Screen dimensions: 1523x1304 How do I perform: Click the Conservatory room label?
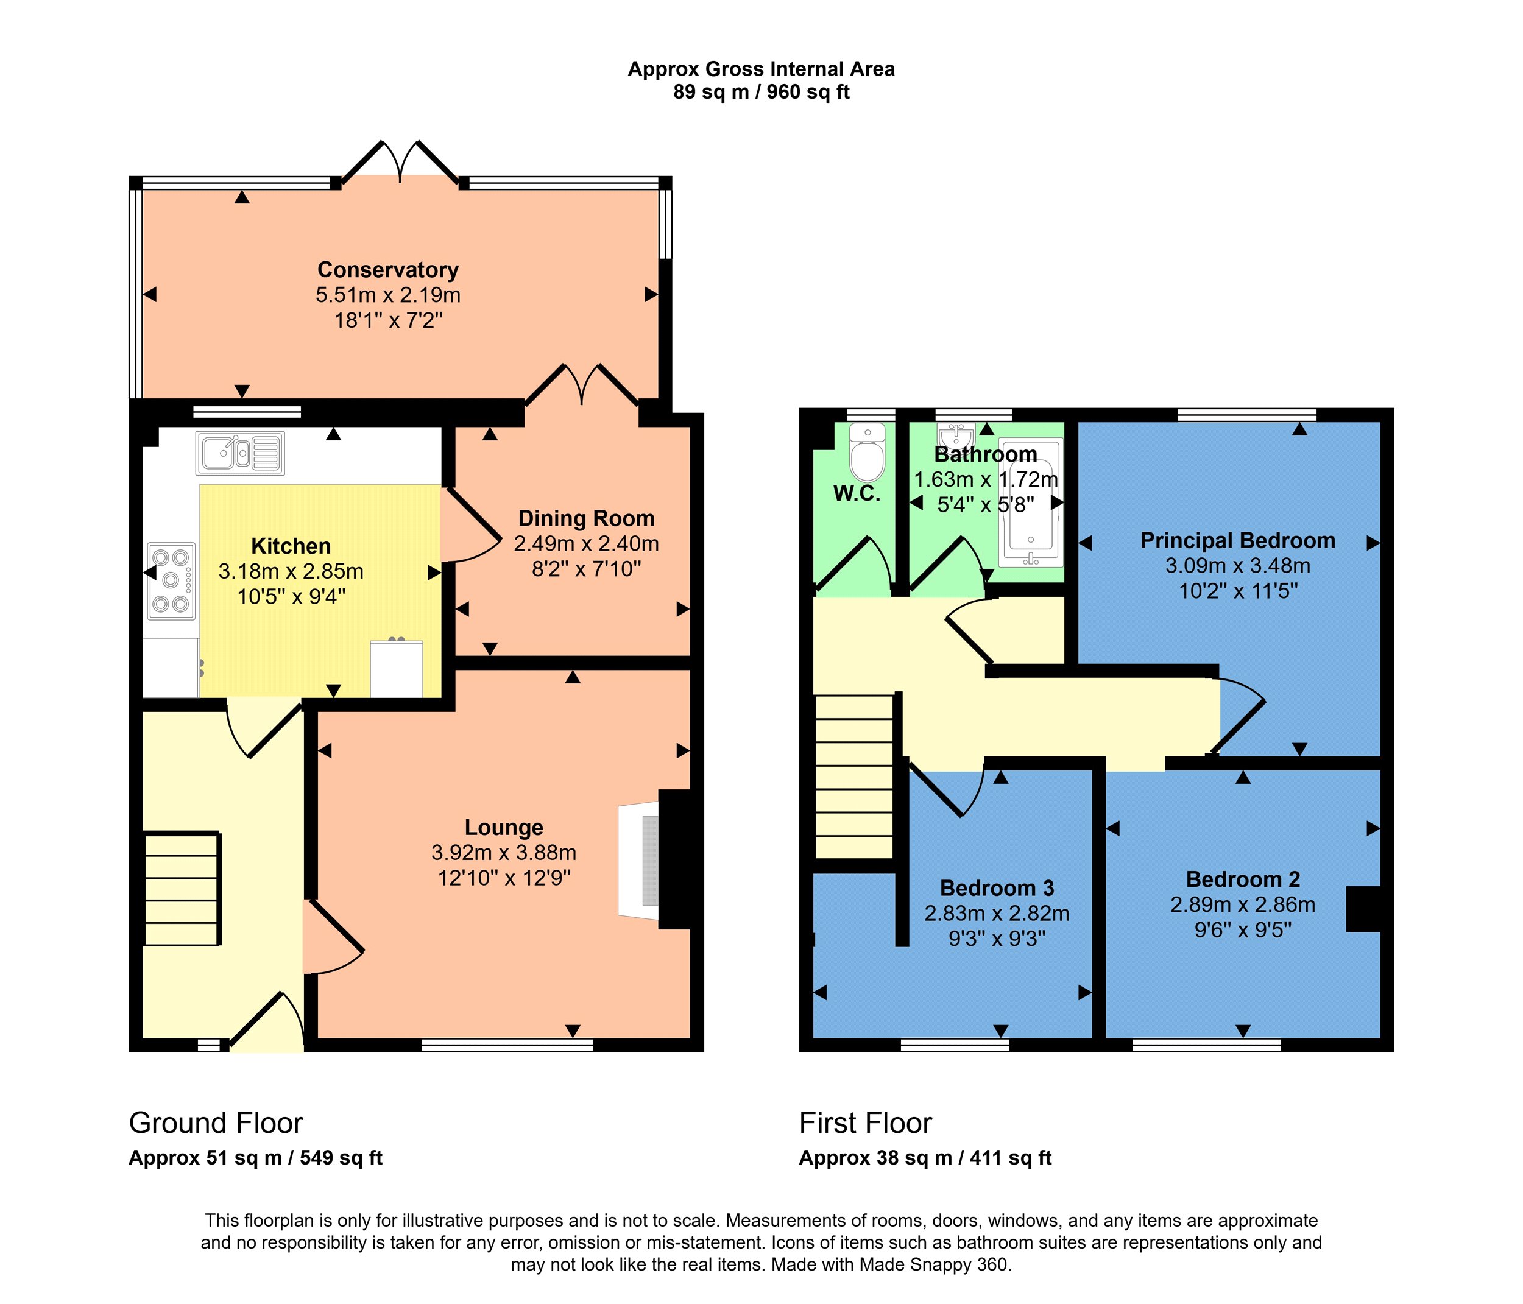coord(388,270)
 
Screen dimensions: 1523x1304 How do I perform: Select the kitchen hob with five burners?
coord(171,580)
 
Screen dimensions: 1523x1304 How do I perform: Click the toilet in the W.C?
coord(868,451)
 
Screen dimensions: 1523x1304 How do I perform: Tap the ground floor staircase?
coord(182,889)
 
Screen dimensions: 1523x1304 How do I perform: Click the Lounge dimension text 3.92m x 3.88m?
coord(503,853)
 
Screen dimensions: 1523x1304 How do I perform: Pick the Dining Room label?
coord(587,518)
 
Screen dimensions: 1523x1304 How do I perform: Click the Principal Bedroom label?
coord(1238,540)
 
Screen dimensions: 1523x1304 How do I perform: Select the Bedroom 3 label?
coord(997,888)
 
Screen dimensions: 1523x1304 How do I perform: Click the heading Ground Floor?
coord(216,1123)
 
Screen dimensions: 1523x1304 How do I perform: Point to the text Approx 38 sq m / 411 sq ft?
coord(925,1158)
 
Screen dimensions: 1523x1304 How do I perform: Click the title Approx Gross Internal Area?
coord(761,69)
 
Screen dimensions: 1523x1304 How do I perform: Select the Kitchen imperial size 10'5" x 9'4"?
coord(291,596)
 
